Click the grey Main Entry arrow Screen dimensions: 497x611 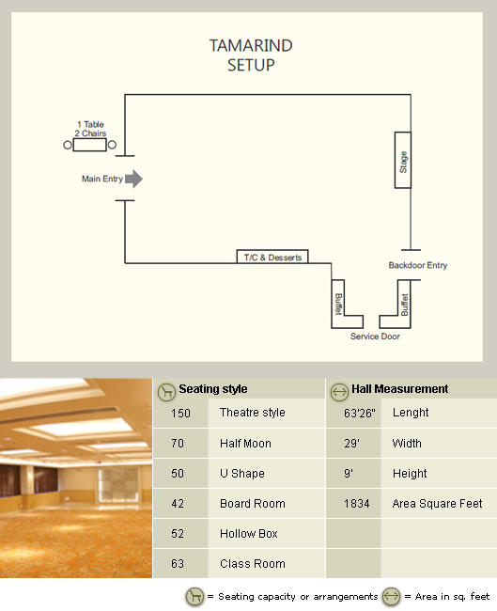[x=134, y=179]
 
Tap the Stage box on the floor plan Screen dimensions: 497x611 [x=403, y=160]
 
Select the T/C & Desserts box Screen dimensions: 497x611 [x=272, y=257]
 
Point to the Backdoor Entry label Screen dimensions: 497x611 [x=417, y=265]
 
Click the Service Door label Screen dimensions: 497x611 [x=375, y=337]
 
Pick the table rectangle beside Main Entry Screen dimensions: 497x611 [x=89, y=145]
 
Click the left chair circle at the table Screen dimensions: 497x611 [x=68, y=145]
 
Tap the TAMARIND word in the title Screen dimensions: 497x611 [x=251, y=46]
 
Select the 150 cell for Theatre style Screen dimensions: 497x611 [x=180, y=413]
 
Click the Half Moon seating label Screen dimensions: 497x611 [x=245, y=444]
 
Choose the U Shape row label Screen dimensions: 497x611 [x=242, y=474]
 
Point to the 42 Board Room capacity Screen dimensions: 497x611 [x=178, y=504]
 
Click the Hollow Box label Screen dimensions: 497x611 [x=249, y=534]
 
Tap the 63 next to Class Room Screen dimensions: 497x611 [x=178, y=563]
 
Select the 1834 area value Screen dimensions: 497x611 [x=357, y=504]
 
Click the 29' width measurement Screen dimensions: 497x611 [x=351, y=444]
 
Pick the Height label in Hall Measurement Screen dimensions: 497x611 [x=410, y=474]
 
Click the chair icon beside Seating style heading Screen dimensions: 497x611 [x=166, y=392]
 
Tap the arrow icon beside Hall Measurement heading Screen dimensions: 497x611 [x=339, y=392]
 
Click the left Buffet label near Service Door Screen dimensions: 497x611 [x=338, y=304]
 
